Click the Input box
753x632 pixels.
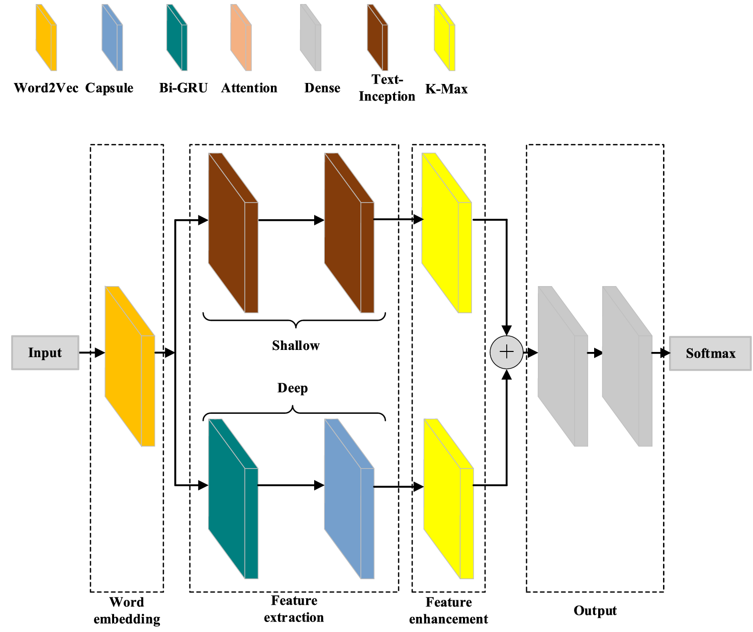[45, 353]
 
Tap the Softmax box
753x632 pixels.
[710, 353]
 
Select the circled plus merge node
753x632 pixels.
[506, 352]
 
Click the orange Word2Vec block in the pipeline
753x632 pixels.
[129, 366]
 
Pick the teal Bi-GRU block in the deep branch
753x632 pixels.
[233, 498]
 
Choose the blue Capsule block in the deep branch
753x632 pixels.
[349, 498]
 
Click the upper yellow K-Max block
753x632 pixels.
[446, 233]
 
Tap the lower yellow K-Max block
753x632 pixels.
[448, 498]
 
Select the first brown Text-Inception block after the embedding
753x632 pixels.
[233, 233]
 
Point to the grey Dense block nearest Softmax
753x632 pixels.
[627, 366]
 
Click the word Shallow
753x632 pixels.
[296, 346]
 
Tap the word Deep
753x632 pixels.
[293, 388]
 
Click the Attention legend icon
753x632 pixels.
[241, 38]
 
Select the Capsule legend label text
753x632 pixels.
[109, 88]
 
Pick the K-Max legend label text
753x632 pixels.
[446, 89]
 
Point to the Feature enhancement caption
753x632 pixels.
[448, 610]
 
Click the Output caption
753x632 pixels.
[595, 611]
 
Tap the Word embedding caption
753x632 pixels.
[127, 610]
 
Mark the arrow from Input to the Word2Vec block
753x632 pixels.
[92, 353]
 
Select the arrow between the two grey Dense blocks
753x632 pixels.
[595, 353]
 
